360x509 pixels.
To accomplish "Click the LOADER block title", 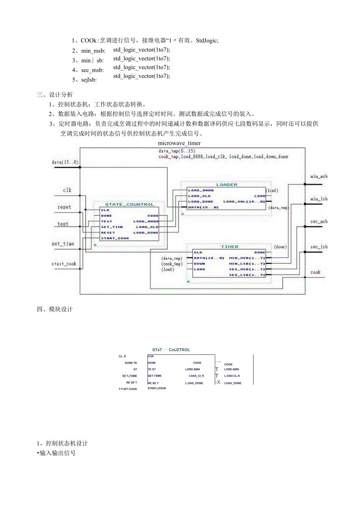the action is pyautogui.click(x=227, y=185).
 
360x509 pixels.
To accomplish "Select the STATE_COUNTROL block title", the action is pyautogui.click(x=130, y=204).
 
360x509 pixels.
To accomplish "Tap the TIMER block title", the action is pyautogui.click(x=229, y=246).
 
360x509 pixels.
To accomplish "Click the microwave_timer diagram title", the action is pyautogui.click(x=179, y=143).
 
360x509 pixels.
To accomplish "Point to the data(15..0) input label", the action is pyautogui.click(x=65, y=162).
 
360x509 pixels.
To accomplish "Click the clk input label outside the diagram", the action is pyautogui.click(x=67, y=191).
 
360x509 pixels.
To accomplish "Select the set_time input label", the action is pyautogui.click(x=63, y=244).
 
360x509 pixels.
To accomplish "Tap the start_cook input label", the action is pyautogui.click(x=64, y=264).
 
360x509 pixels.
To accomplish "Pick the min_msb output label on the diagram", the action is pyautogui.click(x=319, y=176).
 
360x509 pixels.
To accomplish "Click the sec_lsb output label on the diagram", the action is pyautogui.click(x=319, y=247).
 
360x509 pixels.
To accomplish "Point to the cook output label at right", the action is pyautogui.click(x=315, y=272).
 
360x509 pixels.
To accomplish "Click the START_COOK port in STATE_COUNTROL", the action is pyautogui.click(x=115, y=238).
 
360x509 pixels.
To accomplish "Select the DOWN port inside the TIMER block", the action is pyautogui.click(x=200, y=264).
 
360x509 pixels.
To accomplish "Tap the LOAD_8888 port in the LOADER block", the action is pyautogui.click(x=201, y=190).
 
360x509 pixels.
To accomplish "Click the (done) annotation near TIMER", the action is pyautogui.click(x=280, y=247).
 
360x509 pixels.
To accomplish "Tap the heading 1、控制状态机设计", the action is pyautogui.click(x=62, y=443).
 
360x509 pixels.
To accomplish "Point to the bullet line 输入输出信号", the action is pyautogui.click(x=57, y=453).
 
